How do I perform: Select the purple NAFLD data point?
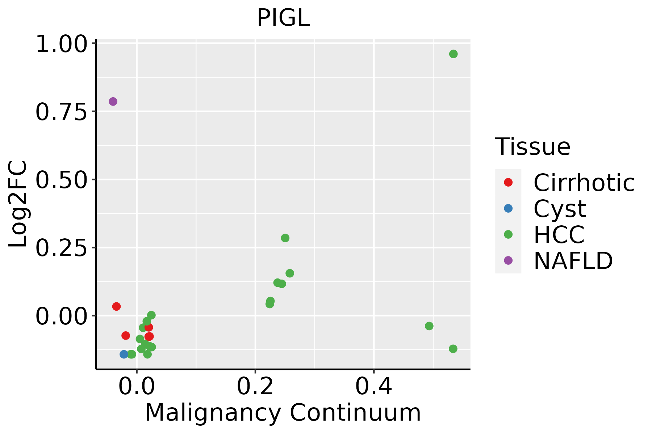(x=113, y=102)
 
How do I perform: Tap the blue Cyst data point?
(x=124, y=354)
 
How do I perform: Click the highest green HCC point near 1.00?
(x=453, y=54)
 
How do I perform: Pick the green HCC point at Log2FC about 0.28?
(x=285, y=238)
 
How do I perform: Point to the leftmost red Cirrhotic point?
(x=116, y=306)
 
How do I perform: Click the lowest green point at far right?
(x=453, y=349)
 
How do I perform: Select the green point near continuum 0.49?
(x=429, y=326)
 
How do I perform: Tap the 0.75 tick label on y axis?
(x=62, y=112)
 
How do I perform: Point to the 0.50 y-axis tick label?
(x=62, y=180)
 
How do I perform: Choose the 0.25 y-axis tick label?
(x=62, y=248)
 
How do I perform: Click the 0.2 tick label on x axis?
(x=255, y=386)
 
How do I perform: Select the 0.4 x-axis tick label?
(x=373, y=386)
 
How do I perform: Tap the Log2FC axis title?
(x=18, y=204)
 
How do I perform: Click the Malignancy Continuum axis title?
(x=283, y=413)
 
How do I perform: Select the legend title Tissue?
(x=532, y=146)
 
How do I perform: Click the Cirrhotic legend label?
(x=584, y=183)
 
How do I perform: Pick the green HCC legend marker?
(x=508, y=234)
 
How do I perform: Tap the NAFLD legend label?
(x=573, y=261)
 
